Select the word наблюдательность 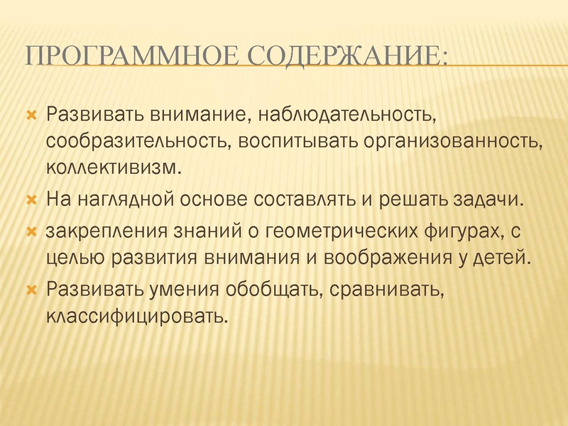pyautogui.click(x=350, y=114)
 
